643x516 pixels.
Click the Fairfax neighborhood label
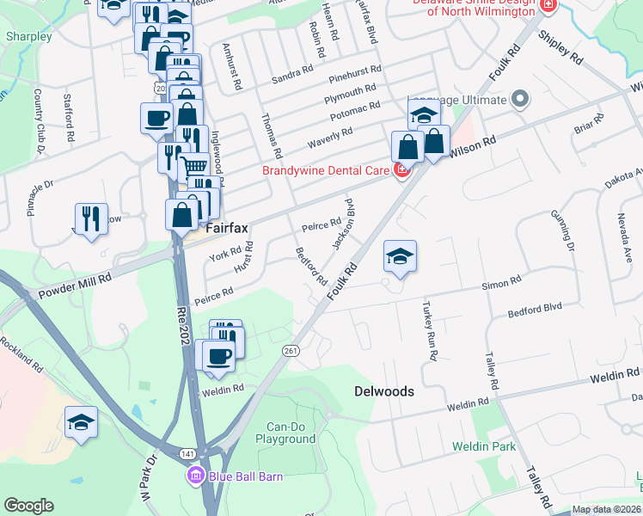click(228, 228)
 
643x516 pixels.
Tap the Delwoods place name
click(384, 391)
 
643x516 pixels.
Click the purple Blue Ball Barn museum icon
click(195, 476)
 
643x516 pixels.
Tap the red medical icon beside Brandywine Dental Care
click(401, 171)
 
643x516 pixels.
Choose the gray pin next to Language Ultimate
click(518, 100)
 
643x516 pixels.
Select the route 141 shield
click(188, 453)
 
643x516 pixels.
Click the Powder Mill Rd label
click(75, 287)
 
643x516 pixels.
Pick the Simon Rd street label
click(502, 283)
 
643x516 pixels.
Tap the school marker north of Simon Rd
click(401, 256)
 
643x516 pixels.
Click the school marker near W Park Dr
click(82, 422)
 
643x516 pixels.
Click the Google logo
click(28, 506)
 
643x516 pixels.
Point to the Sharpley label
click(28, 37)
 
